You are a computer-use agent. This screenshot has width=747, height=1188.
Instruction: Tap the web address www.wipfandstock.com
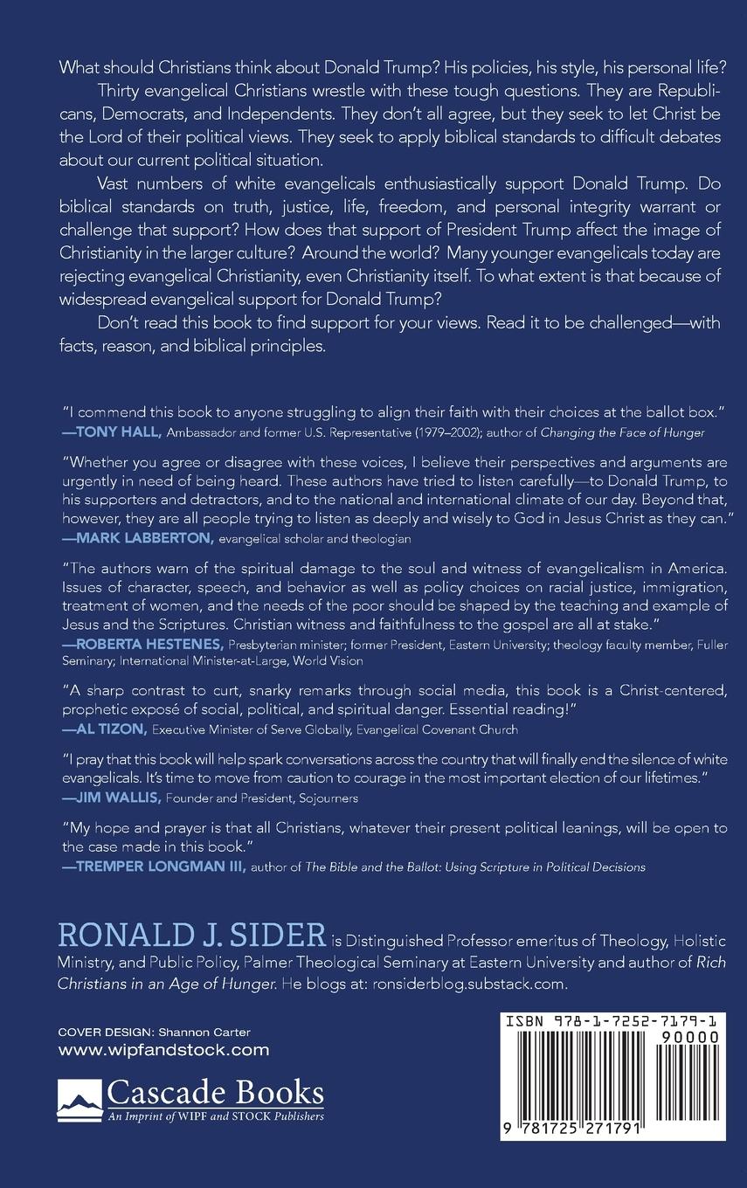pyautogui.click(x=163, y=1050)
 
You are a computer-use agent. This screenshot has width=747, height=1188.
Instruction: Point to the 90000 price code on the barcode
pyautogui.click(x=691, y=1038)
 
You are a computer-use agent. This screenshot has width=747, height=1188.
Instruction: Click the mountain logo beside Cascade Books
pyautogui.click(x=79, y=1099)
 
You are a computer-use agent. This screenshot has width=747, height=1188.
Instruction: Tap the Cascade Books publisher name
pyautogui.click(x=215, y=1094)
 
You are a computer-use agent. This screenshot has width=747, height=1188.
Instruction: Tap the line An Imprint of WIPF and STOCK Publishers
pyautogui.click(x=215, y=1115)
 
